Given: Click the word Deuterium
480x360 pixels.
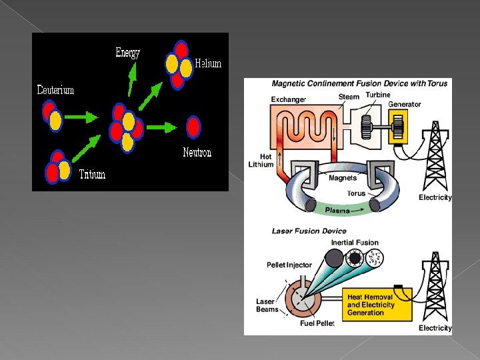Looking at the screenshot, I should coord(55,90).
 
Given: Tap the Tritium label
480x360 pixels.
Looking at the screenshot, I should coord(92,175).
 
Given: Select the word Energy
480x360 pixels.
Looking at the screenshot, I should coord(127,53).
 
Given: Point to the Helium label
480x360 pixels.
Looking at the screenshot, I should coord(208,63).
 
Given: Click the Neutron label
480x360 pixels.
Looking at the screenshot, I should coord(197,153).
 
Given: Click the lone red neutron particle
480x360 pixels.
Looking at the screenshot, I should coord(193,127).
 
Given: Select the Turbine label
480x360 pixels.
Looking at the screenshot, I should coord(377,95).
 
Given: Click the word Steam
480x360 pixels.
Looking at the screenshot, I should coord(349,97).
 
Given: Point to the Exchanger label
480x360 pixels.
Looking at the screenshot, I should coord(288,100).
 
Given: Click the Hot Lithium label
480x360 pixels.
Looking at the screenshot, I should coord(261,161).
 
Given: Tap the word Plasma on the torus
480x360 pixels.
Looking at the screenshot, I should coord(337,211).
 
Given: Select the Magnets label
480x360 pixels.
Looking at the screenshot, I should coord(342,178).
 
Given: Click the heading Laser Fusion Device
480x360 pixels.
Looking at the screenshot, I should coord(309,231).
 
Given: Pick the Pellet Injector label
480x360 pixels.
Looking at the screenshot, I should coord(289,265).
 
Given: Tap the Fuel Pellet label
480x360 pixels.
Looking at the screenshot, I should coord(316,324).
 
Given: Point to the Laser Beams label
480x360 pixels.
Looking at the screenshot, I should coord(266,305).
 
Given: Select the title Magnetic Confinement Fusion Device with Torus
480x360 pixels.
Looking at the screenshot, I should coord(352,83).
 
